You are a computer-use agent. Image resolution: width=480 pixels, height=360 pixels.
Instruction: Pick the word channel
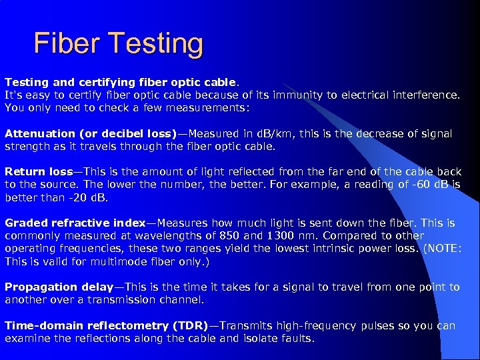click(185, 299)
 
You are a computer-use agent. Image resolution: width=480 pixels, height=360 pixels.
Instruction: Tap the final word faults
click(297, 338)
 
